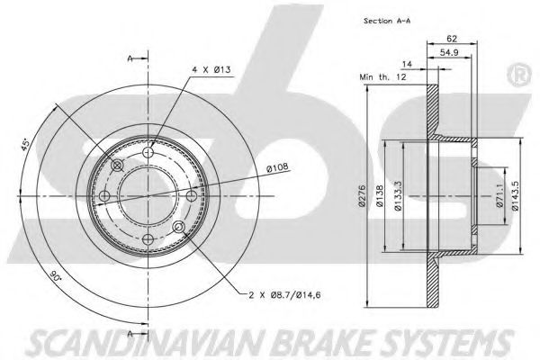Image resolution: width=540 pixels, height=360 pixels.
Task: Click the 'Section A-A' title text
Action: click(387, 21)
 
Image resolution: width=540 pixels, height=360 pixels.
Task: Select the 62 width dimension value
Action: click(452, 39)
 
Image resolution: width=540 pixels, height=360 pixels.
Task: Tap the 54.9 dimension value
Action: click(450, 52)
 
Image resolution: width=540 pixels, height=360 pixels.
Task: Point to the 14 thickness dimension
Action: click(408, 64)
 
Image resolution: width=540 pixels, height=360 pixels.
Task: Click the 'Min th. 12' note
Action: click(382, 76)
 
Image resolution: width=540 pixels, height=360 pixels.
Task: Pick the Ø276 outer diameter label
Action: click(361, 197)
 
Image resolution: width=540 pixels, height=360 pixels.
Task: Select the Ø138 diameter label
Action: click(379, 196)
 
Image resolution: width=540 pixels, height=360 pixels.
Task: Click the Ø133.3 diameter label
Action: click(398, 196)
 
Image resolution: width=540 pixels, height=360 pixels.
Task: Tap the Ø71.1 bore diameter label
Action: click(500, 195)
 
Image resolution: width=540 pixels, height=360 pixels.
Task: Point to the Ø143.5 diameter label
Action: click(515, 195)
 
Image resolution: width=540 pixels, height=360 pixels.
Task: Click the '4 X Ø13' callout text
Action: click(211, 69)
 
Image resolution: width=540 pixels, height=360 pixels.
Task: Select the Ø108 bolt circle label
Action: click(277, 168)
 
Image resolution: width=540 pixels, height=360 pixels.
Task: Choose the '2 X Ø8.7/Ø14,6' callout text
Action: click(284, 295)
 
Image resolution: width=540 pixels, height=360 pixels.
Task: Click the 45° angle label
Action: click(25, 144)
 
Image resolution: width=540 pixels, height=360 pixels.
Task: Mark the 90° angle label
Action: click(54, 275)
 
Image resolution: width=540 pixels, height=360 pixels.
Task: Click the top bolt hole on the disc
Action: click(148, 151)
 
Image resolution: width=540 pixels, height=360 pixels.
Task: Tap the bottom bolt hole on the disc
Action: click(148, 239)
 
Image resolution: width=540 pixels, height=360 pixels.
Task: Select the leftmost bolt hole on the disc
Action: click(104, 196)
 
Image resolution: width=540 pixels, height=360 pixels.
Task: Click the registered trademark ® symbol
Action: click(519, 76)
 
